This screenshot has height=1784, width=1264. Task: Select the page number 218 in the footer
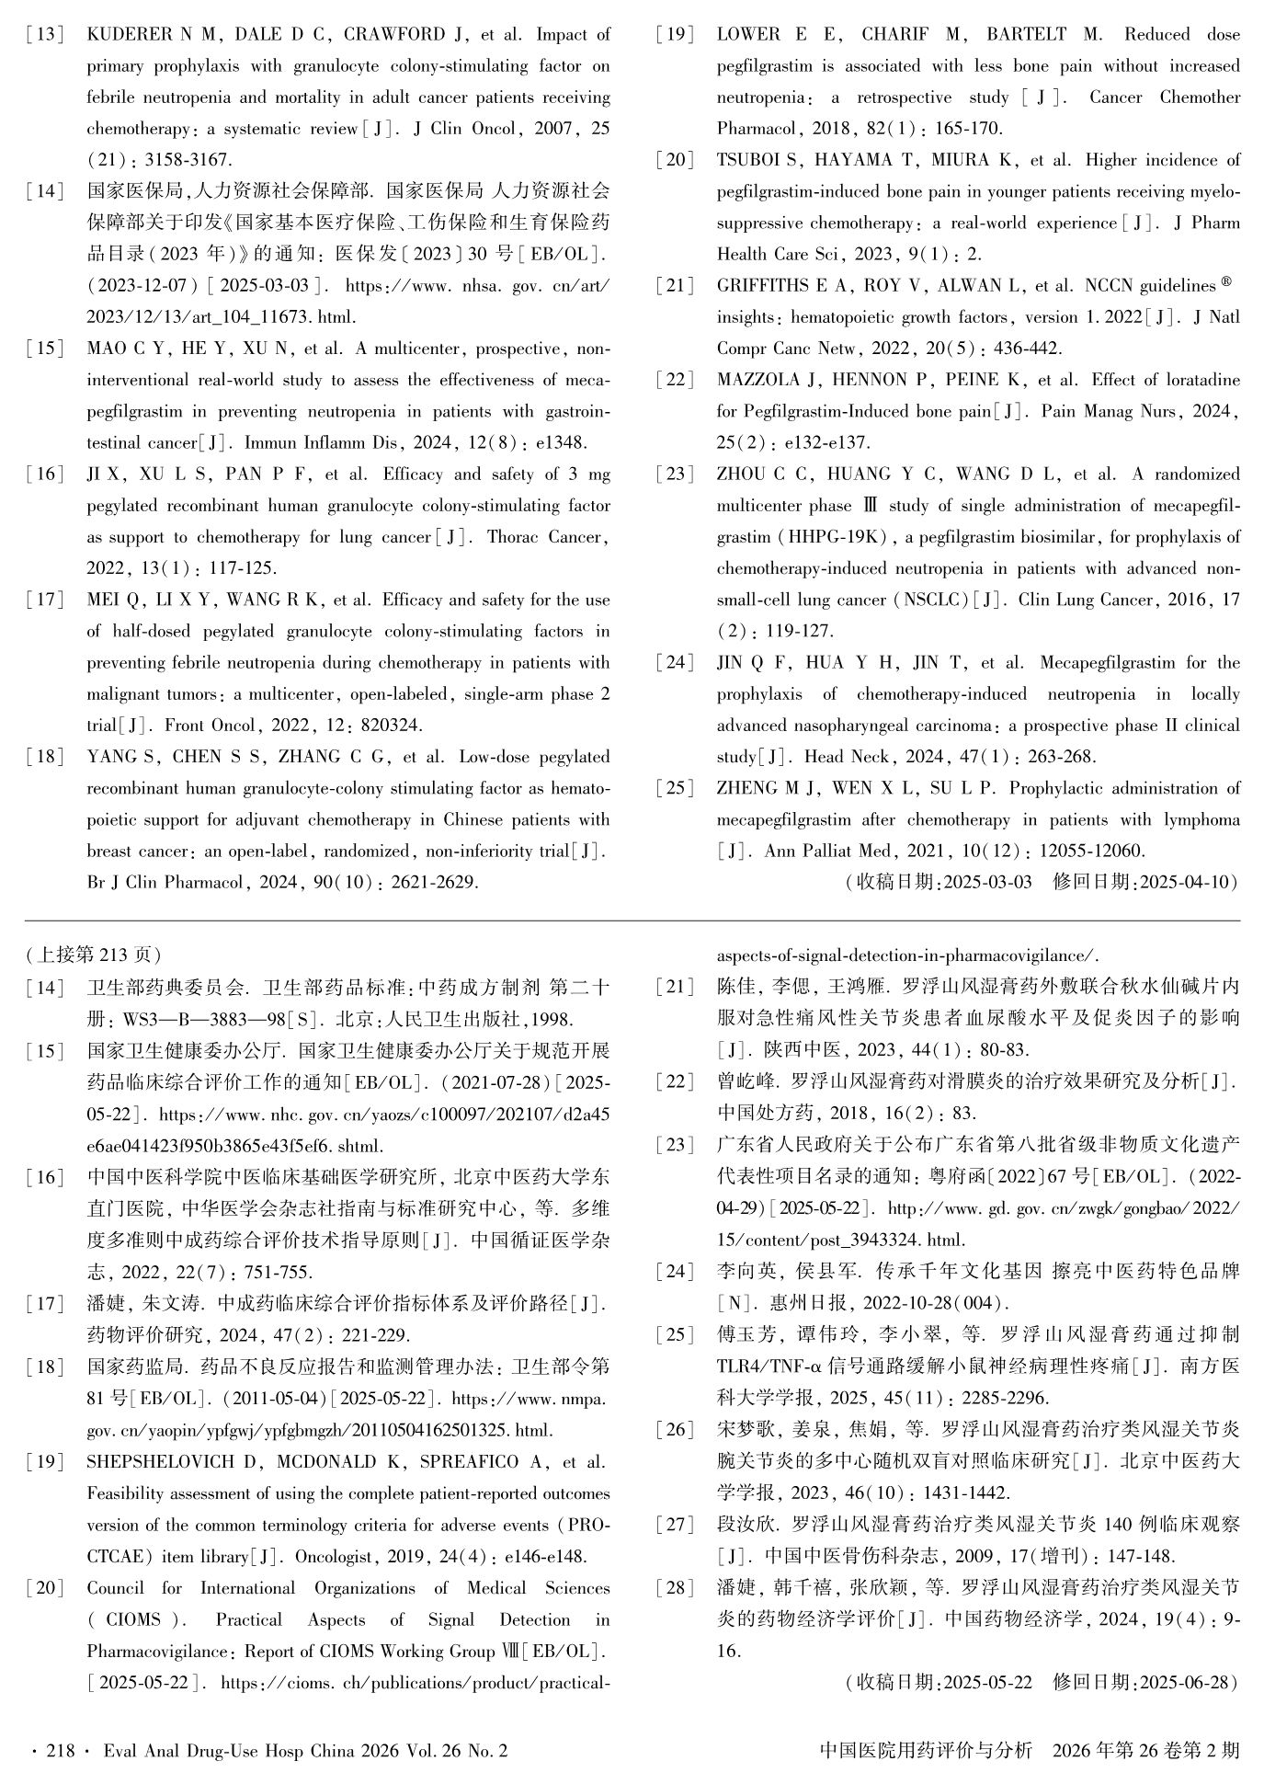(61, 1751)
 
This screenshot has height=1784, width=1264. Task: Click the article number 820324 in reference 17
(391, 726)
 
